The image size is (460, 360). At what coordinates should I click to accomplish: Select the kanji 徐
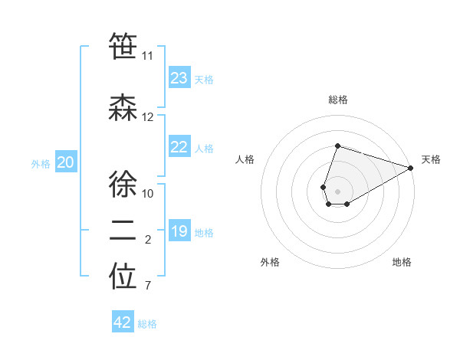tap(123, 185)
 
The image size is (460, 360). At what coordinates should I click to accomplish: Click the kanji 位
tap(123, 277)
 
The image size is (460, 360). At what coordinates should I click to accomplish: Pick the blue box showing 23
tap(179, 78)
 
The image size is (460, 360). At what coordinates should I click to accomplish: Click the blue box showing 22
tap(179, 148)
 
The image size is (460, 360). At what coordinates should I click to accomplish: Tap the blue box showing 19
tap(179, 231)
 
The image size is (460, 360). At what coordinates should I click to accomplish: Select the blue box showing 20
tap(66, 162)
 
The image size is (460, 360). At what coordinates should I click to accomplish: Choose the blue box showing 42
tap(123, 322)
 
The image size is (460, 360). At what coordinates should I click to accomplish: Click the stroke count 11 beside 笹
tap(147, 56)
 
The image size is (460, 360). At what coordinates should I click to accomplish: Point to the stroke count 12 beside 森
tap(147, 117)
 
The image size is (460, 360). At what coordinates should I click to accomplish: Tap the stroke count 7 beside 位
tap(147, 286)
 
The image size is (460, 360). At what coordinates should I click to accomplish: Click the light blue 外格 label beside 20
tap(41, 163)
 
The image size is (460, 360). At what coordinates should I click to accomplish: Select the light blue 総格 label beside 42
tap(147, 323)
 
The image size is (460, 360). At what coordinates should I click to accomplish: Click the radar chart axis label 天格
tap(431, 159)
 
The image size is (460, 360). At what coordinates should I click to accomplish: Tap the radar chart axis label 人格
tap(245, 159)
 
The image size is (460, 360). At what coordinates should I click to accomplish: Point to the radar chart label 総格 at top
tap(337, 100)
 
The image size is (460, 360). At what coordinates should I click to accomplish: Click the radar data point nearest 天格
tap(411, 168)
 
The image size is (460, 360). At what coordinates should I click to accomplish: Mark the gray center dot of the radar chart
tap(337, 190)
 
